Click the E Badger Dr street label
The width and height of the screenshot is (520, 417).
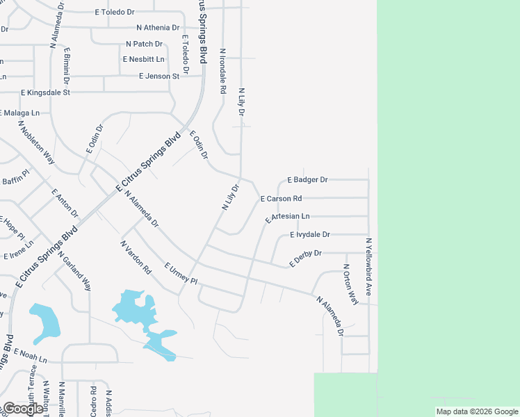(307, 179)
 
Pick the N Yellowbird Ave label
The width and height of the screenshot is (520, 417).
(369, 267)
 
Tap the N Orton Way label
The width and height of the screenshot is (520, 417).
(350, 284)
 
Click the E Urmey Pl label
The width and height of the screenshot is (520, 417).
(181, 274)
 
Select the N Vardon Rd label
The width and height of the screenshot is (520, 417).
(136, 258)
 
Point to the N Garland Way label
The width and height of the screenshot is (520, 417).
(74, 270)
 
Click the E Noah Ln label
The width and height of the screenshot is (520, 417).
(29, 356)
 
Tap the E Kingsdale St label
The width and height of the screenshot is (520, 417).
(46, 92)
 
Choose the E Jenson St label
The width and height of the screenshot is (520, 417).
(159, 76)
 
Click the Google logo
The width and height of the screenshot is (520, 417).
(23, 409)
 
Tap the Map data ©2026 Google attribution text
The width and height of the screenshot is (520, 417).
(476, 411)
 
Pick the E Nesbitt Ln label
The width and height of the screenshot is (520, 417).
(144, 59)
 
